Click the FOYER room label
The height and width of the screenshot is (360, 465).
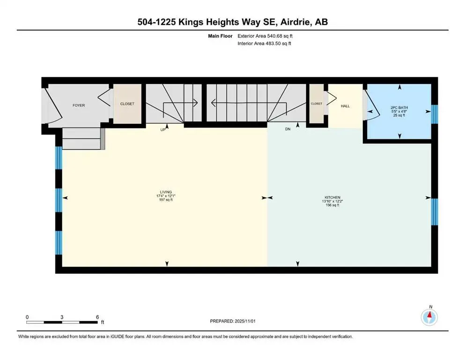(79, 105)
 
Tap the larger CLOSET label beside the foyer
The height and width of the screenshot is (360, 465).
(127, 104)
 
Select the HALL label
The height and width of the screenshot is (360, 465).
(345, 106)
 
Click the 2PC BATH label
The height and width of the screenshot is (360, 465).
(399, 108)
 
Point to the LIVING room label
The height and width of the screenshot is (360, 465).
(165, 192)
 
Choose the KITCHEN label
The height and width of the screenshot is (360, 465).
(331, 197)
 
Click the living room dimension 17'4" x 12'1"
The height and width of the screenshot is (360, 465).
(165, 196)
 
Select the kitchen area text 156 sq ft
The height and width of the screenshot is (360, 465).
(331, 205)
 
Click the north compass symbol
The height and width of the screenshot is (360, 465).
(429, 317)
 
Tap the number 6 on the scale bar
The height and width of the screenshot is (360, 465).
(96, 316)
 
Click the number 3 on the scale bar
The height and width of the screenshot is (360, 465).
(62, 316)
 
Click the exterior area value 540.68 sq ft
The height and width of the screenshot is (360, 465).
(280, 36)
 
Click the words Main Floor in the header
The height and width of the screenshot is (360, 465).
(220, 36)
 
